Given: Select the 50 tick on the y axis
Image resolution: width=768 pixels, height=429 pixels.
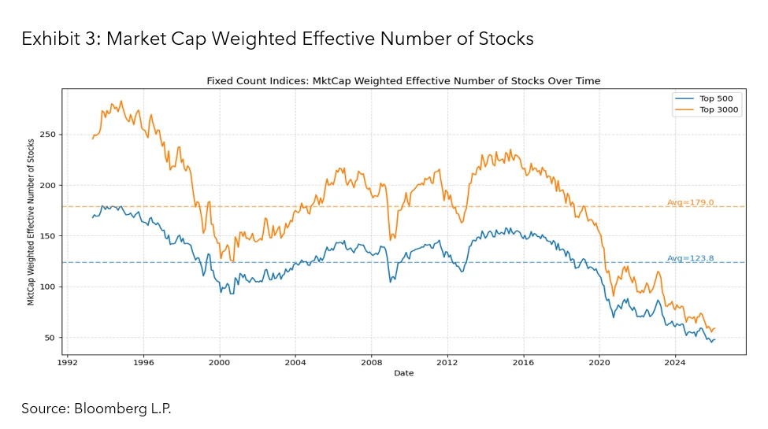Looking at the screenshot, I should [x=50, y=338].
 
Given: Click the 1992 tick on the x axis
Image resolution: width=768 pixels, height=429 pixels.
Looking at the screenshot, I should [x=67, y=363].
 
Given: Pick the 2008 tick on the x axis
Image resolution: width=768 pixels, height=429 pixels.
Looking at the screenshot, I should [x=371, y=363].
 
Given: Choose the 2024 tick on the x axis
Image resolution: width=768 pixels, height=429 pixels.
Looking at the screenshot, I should [x=675, y=363].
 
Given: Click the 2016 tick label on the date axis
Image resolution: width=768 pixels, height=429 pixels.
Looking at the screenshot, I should [x=523, y=363].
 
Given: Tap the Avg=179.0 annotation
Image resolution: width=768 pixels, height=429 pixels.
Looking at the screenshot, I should [x=690, y=202].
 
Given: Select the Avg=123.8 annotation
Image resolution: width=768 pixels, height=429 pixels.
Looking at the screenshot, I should [x=690, y=258].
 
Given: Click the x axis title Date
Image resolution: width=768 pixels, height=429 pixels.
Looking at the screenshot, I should [x=403, y=373].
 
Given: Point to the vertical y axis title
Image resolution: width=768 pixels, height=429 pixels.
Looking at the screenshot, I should [x=30, y=222].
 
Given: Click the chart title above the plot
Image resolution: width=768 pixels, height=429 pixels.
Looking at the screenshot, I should [x=403, y=80].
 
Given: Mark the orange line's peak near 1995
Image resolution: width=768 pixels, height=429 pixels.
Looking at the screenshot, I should [x=121, y=102].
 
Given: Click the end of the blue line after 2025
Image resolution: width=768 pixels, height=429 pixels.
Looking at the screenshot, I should [x=714, y=339].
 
